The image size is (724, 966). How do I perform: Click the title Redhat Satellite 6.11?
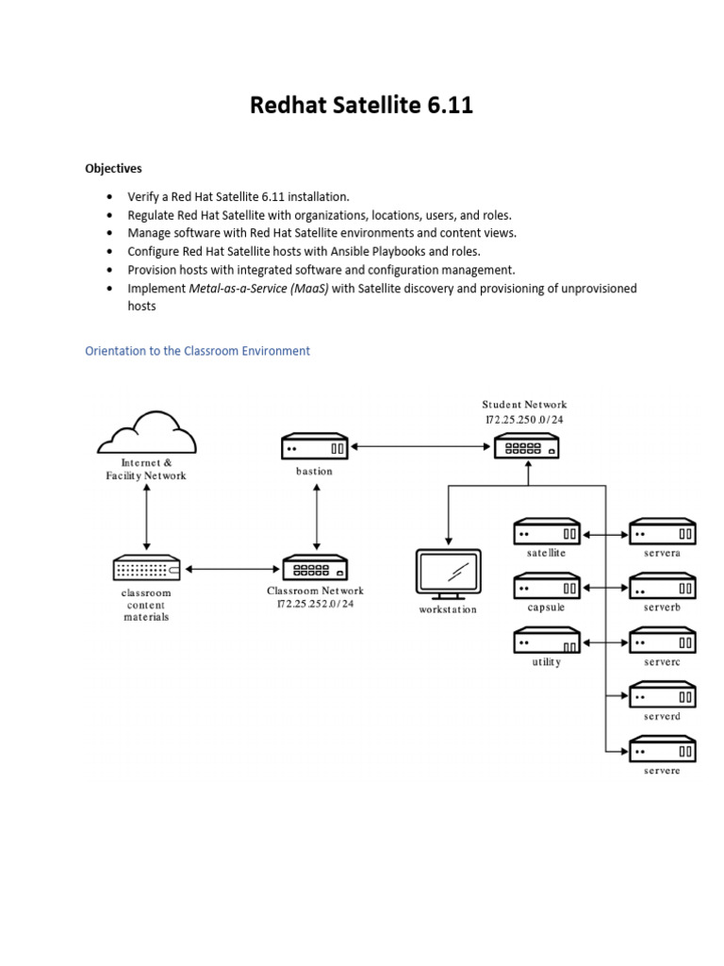(x=361, y=106)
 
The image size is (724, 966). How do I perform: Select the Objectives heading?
(x=113, y=169)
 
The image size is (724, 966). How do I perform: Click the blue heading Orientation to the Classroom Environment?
(x=197, y=351)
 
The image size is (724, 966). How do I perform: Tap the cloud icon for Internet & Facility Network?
(x=146, y=435)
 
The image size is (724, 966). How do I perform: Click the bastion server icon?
(x=315, y=447)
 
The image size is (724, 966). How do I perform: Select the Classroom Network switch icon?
(x=315, y=569)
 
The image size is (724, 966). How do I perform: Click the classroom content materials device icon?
(x=146, y=569)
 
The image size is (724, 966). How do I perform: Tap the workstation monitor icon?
(x=448, y=575)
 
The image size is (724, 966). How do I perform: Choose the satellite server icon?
(x=547, y=533)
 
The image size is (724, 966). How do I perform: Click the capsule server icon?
(x=547, y=587)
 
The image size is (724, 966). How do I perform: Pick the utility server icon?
(x=547, y=641)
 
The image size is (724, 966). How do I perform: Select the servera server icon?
(x=663, y=533)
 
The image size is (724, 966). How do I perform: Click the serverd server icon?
(x=663, y=696)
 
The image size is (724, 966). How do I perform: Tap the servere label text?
(x=662, y=771)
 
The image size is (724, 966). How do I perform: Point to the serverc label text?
(x=662, y=662)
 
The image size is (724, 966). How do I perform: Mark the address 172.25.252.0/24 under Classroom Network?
(x=315, y=604)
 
